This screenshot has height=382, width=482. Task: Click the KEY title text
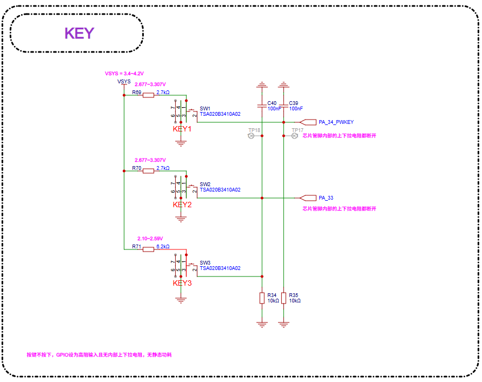[79, 34]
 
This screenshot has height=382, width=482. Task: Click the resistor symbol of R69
[148, 95]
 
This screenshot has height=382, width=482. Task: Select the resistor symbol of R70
[148, 171]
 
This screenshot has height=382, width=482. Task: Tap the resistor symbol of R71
[148, 249]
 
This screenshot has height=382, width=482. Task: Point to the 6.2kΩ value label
[163, 246]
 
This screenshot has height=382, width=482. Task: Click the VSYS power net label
[124, 82]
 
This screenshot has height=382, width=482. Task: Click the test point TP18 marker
[250, 136]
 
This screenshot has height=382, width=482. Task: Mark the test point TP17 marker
[295, 136]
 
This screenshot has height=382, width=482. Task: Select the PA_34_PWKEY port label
[336, 122]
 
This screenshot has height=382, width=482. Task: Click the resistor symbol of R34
[262, 298]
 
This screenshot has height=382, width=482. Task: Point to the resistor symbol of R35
[283, 298]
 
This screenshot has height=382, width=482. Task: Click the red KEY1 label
[182, 129]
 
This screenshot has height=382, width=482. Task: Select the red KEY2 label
[182, 205]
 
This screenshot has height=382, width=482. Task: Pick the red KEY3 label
[182, 283]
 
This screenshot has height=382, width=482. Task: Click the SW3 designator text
[205, 262]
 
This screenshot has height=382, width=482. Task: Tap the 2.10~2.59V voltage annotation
[150, 239]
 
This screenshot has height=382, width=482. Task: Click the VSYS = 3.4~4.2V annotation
[124, 73]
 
